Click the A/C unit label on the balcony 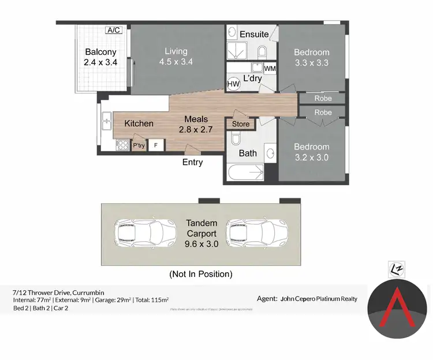pyautogui.click(x=114, y=30)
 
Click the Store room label pyautogui.click(x=241, y=124)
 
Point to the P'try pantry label pyautogui.click(x=139, y=146)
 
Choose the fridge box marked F pyautogui.click(x=155, y=145)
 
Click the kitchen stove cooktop pyautogui.click(x=123, y=145)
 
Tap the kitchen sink pyautogui.click(x=106, y=122)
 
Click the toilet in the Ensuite pyautogui.click(x=262, y=52)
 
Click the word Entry pyautogui.click(x=192, y=163)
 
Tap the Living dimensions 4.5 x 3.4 pyautogui.click(x=176, y=62)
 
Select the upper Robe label pyautogui.click(x=323, y=99)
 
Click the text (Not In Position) pyautogui.click(x=200, y=274)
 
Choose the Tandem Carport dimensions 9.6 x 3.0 pyautogui.click(x=201, y=244)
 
